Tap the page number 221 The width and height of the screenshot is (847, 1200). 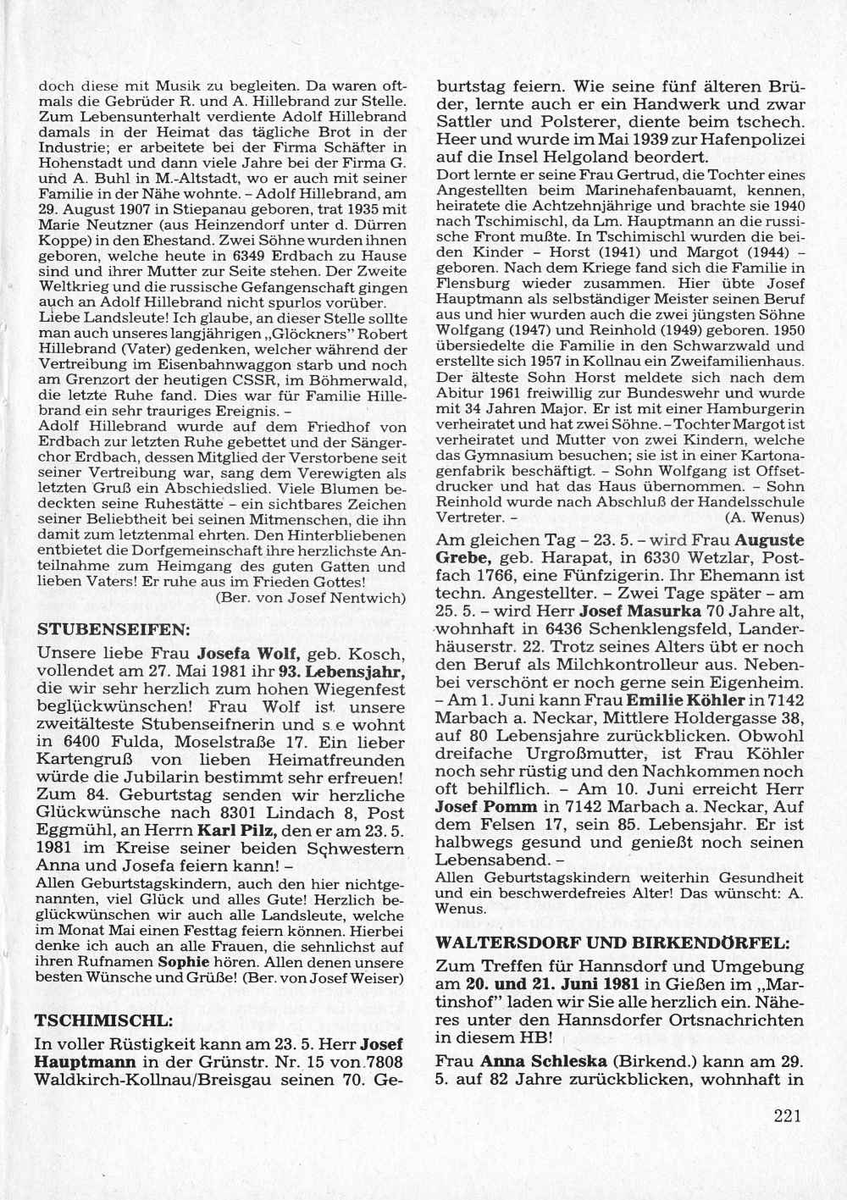[787, 1115]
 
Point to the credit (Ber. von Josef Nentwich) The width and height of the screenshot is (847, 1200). [312, 598]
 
